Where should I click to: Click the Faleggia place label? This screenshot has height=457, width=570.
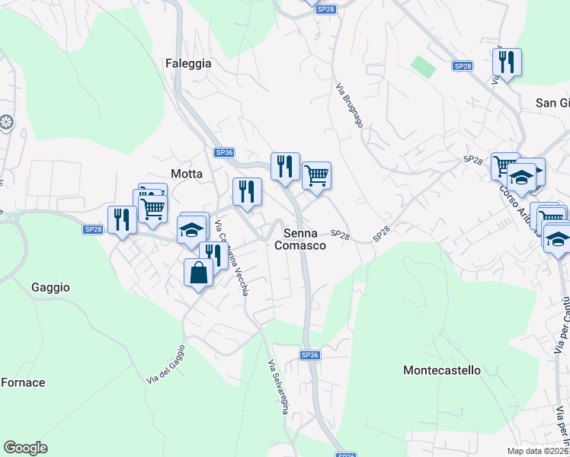[188, 64]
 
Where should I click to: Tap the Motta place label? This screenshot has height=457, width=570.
[187, 174]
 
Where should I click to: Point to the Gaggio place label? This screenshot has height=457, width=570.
[51, 287]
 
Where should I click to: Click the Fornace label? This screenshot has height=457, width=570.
[23, 382]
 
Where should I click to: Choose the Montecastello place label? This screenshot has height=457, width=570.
[442, 370]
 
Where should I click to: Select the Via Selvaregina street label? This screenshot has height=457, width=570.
[277, 386]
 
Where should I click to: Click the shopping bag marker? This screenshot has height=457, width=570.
[198, 272]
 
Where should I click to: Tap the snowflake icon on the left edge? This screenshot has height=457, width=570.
[6, 123]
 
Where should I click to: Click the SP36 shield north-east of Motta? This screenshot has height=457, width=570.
[224, 152]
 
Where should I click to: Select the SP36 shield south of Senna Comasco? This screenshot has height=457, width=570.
[309, 355]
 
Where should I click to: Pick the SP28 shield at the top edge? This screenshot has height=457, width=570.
[326, 9]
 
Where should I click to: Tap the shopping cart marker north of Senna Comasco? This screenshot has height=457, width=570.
[316, 176]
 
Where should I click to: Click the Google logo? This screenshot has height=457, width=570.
[25, 448]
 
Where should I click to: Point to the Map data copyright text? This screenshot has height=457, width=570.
[538, 451]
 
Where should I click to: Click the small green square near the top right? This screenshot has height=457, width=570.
[424, 66]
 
